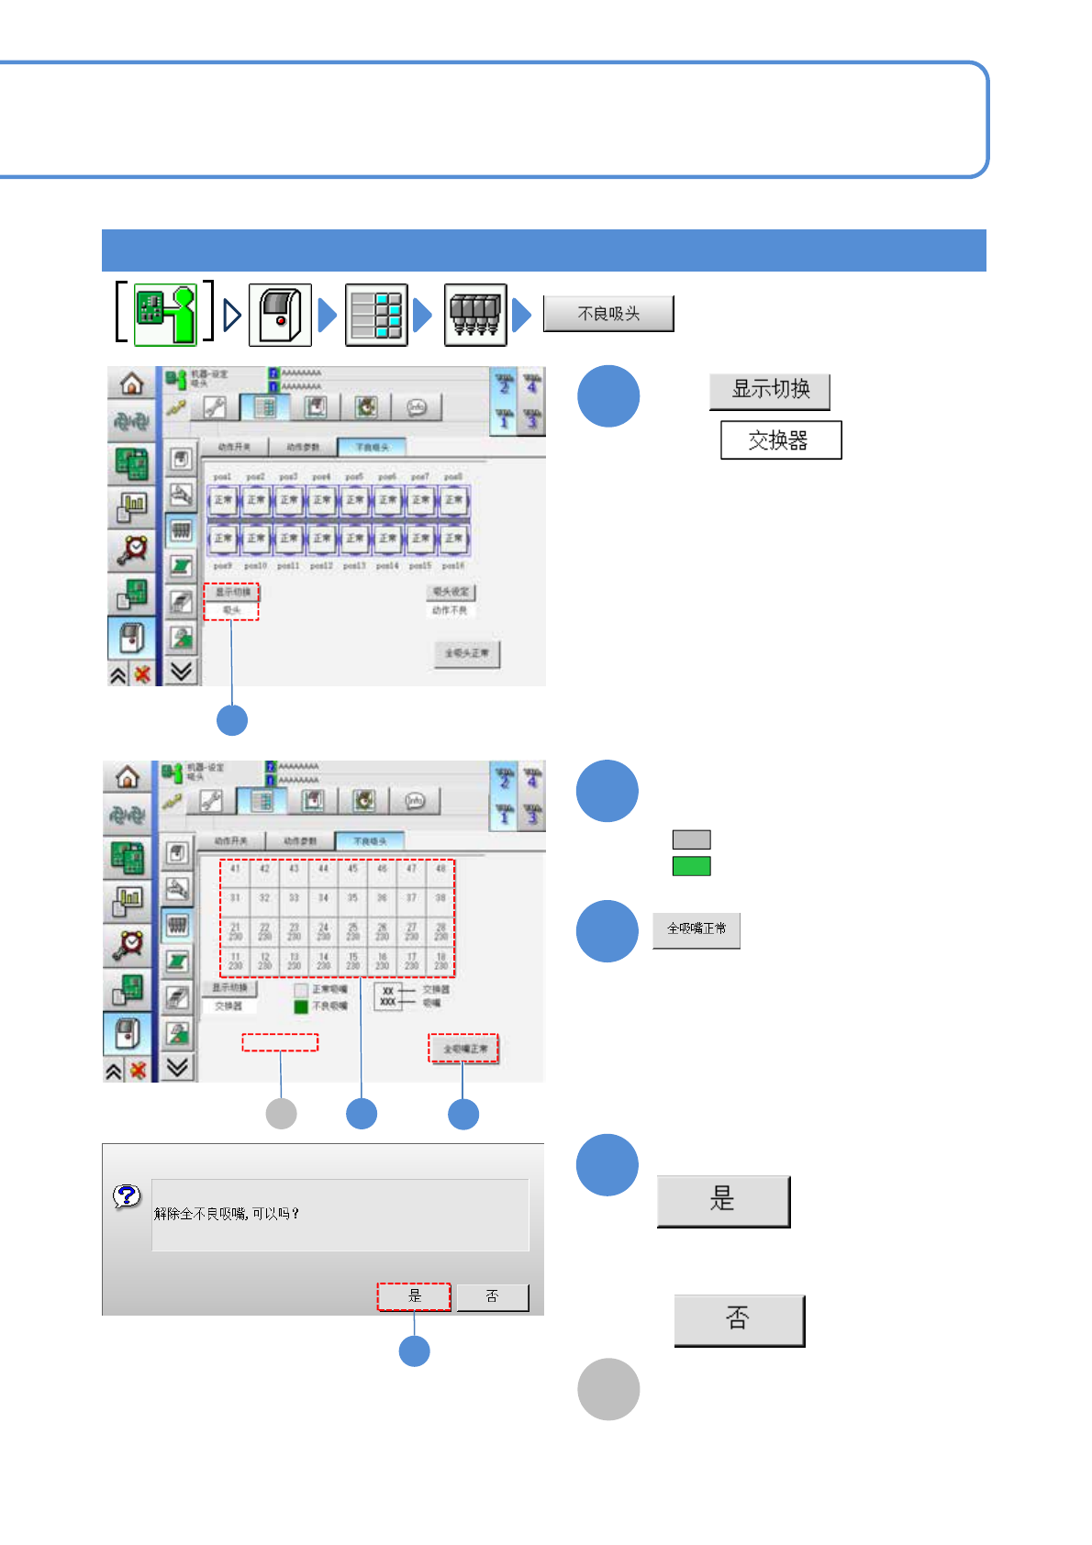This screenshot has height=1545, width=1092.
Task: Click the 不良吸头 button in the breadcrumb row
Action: (x=608, y=314)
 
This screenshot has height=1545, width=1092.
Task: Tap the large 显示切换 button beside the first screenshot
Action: (x=770, y=391)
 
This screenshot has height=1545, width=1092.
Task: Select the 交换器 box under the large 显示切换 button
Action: (x=780, y=440)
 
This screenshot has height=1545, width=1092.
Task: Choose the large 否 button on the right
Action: (x=739, y=1320)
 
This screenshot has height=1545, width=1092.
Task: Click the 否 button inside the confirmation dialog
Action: (x=493, y=1296)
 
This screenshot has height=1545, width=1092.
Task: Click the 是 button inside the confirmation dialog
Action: (x=414, y=1296)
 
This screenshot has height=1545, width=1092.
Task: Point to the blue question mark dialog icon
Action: (x=127, y=1195)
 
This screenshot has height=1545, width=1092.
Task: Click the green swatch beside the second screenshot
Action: (x=691, y=866)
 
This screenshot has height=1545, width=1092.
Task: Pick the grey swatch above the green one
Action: (x=691, y=839)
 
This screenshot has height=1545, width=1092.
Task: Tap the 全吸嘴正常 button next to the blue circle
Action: (x=696, y=929)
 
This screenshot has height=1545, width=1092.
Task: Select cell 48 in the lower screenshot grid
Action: (x=440, y=870)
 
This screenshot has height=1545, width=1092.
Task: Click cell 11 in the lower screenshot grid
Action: (x=236, y=961)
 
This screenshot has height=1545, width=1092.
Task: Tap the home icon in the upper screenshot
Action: (x=132, y=383)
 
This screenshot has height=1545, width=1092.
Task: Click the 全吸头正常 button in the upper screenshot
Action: (x=466, y=653)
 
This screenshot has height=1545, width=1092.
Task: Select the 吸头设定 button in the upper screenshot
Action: (x=451, y=592)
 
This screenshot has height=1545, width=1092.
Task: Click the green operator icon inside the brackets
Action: (x=165, y=314)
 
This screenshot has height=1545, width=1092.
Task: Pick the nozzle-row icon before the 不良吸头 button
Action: (x=475, y=315)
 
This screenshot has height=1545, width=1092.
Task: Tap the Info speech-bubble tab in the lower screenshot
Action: (x=415, y=801)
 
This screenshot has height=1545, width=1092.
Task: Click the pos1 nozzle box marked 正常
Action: (x=223, y=501)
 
